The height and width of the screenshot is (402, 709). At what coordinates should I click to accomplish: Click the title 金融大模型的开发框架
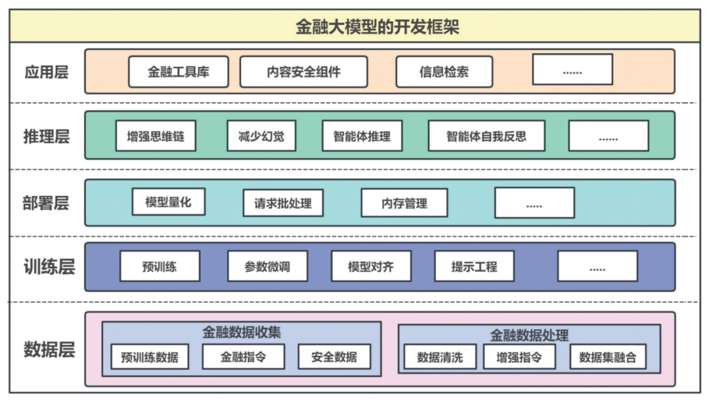[x=354, y=26]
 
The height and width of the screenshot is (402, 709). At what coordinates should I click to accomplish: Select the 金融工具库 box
[x=179, y=72]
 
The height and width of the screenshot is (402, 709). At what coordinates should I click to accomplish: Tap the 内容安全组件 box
[x=303, y=72]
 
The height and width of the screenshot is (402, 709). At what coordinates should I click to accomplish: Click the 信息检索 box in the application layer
[x=444, y=72]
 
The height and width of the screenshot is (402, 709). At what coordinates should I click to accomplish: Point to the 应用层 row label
[x=47, y=72]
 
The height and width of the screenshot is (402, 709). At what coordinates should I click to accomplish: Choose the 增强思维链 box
[x=156, y=136]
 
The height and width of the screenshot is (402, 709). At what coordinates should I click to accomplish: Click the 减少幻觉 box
[x=261, y=136]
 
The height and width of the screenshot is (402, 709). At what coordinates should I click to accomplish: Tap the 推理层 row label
[x=47, y=137]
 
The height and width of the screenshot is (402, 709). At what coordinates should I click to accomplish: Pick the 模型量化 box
[x=169, y=202]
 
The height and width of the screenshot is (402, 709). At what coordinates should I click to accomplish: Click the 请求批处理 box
[x=283, y=203]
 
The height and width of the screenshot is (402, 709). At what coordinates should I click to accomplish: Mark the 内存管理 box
[x=404, y=203]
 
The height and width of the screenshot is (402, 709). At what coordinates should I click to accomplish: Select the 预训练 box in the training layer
[x=160, y=267]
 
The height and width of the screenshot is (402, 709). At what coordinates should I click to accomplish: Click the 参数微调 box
[x=267, y=267]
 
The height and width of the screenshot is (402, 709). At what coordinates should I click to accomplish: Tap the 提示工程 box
[x=474, y=267]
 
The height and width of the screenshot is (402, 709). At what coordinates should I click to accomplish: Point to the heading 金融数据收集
[x=241, y=332]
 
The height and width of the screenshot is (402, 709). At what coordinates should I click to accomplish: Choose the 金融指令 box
[x=243, y=357]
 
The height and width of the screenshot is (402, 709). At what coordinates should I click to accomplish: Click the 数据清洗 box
[x=440, y=357]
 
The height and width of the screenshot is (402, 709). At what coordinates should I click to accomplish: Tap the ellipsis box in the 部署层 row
[x=534, y=203]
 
